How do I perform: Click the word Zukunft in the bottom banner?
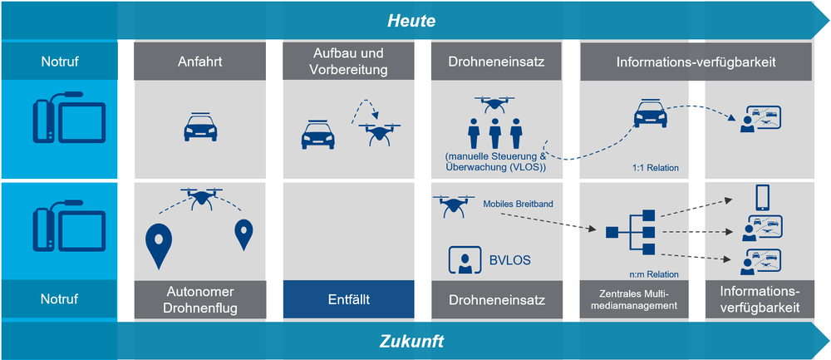click(x=412, y=341)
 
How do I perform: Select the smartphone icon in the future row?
click(x=760, y=198)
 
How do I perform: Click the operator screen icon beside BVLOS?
click(x=465, y=260)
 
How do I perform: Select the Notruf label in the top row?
click(x=59, y=62)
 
